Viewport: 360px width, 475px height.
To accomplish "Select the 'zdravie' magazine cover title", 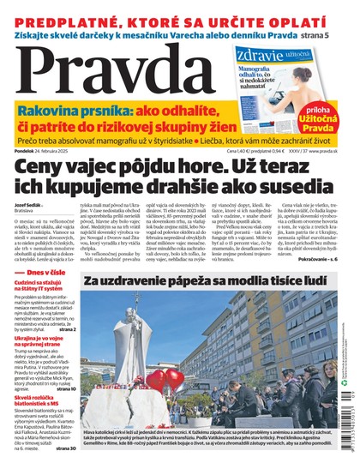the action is click(254, 55).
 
